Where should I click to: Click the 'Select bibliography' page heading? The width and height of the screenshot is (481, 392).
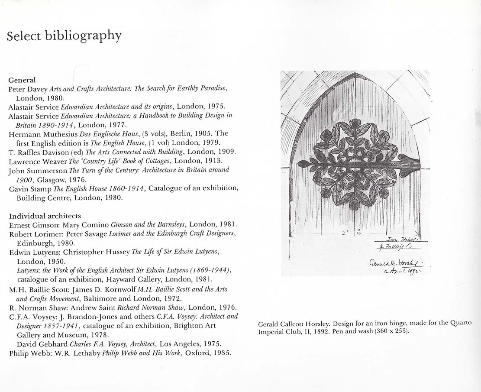click(64, 36)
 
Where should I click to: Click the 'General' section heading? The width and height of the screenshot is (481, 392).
click(22, 80)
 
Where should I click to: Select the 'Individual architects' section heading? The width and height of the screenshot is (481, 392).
click(45, 216)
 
